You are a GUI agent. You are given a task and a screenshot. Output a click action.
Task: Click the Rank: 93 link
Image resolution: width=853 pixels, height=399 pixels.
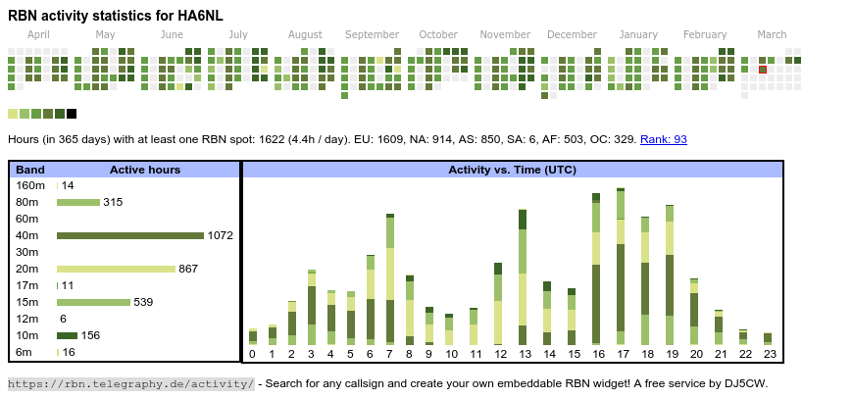point(664,139)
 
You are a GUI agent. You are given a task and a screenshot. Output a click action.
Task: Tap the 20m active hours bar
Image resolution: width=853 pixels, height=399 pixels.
point(116,269)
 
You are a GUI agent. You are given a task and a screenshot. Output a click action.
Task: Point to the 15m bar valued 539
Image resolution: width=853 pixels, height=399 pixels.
point(93,302)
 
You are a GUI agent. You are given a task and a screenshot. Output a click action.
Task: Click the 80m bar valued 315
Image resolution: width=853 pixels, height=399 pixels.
point(78,202)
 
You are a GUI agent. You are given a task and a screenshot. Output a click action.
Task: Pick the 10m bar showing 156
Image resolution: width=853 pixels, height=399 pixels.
point(67,335)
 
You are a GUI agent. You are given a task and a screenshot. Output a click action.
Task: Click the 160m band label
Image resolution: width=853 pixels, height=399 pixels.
point(30,185)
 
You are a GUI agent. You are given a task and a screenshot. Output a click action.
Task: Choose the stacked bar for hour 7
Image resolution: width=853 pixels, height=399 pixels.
point(390,279)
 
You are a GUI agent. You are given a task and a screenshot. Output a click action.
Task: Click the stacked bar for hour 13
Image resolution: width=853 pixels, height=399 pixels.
point(523,277)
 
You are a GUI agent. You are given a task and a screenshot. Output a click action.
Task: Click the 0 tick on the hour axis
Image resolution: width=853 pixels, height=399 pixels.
point(252,354)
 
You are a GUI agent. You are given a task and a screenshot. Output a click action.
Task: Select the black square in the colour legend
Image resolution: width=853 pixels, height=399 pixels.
point(72,114)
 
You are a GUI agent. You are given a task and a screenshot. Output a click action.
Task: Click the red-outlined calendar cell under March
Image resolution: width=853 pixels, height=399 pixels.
point(763,70)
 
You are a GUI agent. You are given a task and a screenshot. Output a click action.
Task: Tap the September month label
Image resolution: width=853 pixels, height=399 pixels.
point(372,34)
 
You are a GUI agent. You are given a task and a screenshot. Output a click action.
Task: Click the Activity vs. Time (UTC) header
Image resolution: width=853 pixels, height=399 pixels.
point(512,170)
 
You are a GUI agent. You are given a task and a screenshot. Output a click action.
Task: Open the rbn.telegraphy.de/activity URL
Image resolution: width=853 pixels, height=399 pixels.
point(131,383)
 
